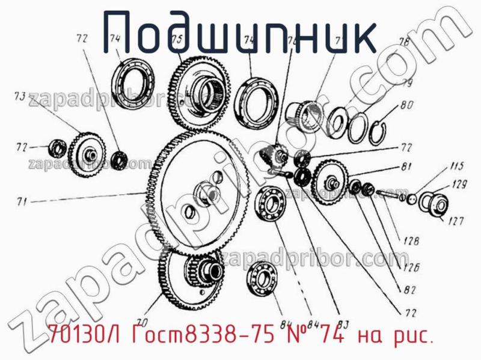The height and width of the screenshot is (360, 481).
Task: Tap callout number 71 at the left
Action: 22,203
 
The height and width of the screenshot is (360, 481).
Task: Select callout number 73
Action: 19,96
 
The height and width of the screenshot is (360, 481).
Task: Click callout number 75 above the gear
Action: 176,39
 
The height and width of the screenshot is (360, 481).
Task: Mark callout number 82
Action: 410,290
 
